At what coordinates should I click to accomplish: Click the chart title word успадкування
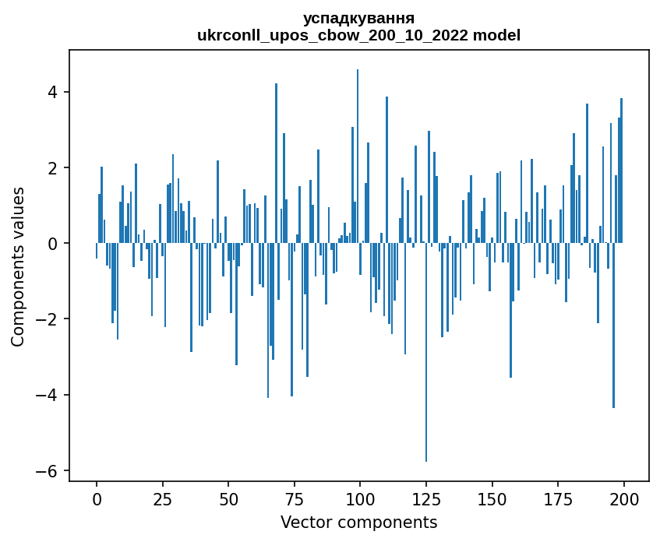tap(358, 18)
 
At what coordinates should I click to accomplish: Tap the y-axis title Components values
tap(18, 266)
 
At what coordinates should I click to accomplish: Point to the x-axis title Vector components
tap(358, 522)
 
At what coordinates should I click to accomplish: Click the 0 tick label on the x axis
tap(97, 499)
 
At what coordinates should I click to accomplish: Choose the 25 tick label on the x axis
tap(162, 499)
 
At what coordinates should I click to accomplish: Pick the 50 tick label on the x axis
tap(228, 499)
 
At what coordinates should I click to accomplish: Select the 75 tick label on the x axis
tap(294, 499)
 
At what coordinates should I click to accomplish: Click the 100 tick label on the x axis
tap(360, 499)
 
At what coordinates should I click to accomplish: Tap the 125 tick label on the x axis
tap(425, 499)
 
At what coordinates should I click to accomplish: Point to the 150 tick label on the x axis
tap(492, 499)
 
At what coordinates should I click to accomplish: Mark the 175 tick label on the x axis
tap(557, 499)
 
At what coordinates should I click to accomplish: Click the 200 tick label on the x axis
tap(623, 499)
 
